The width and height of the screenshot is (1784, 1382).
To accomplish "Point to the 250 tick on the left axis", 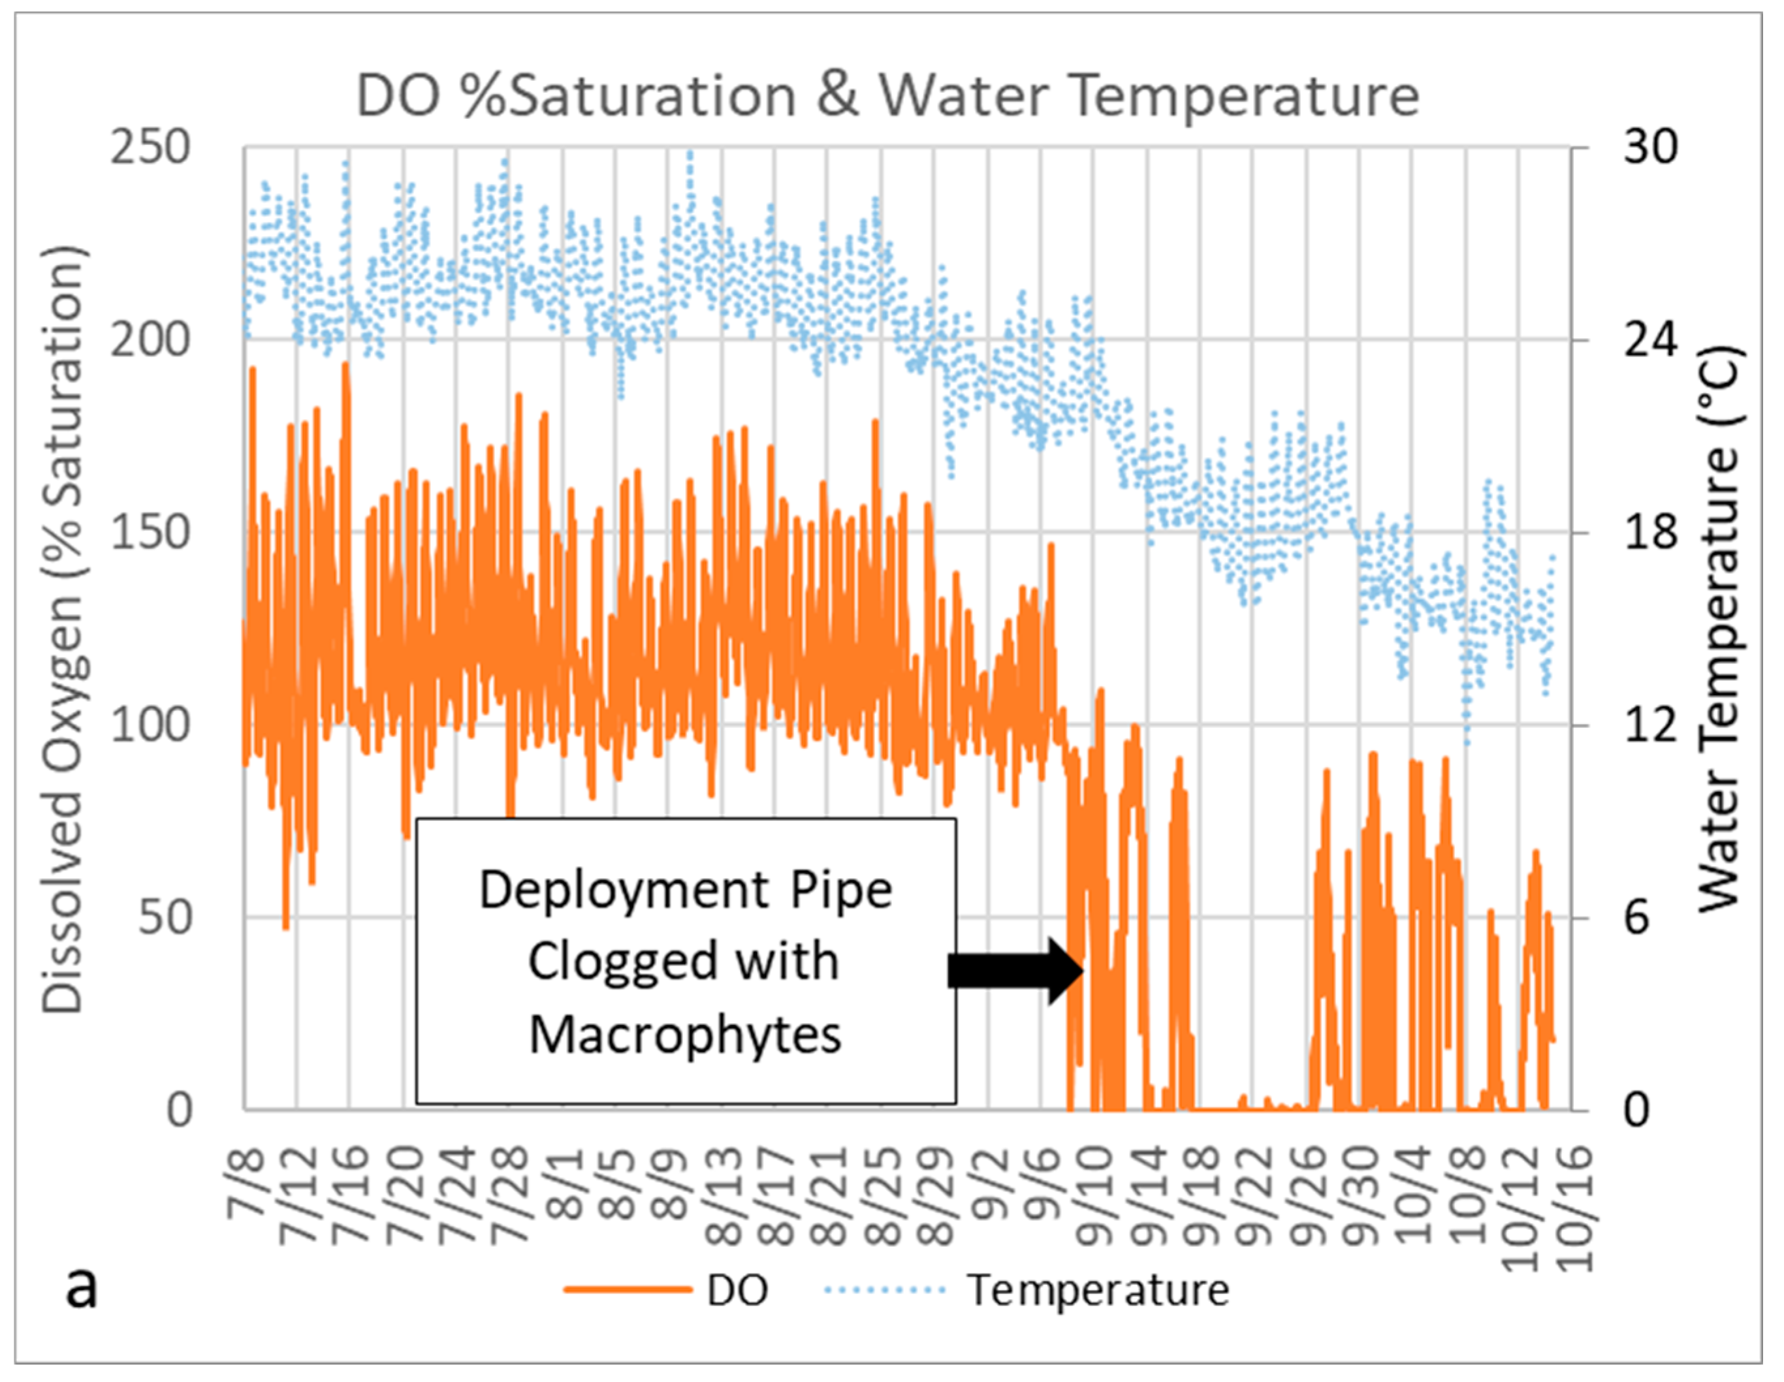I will click(x=150, y=149).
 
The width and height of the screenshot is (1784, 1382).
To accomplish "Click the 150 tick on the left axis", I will click(x=150, y=533).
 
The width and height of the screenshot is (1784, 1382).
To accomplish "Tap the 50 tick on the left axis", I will click(x=164, y=918).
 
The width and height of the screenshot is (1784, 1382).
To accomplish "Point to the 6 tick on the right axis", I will click(x=1637, y=918).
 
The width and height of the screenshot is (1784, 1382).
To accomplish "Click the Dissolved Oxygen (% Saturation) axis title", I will click(x=64, y=629).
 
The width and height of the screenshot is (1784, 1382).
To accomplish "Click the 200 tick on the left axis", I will click(x=150, y=341).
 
